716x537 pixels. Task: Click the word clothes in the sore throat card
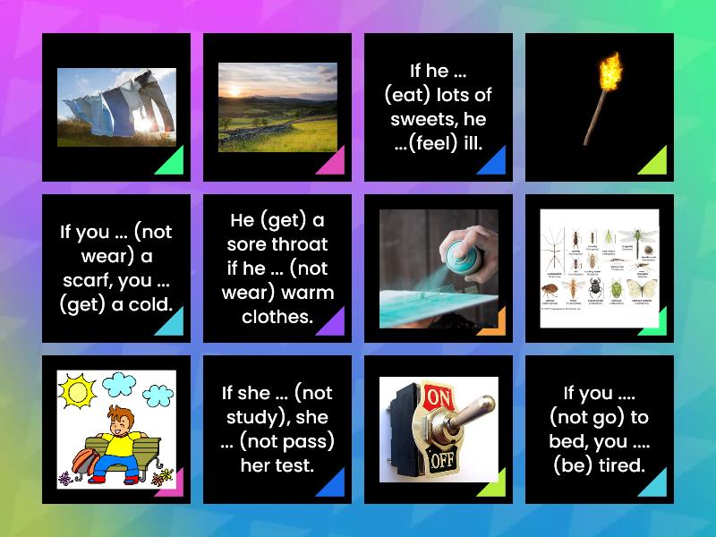[277, 316]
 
